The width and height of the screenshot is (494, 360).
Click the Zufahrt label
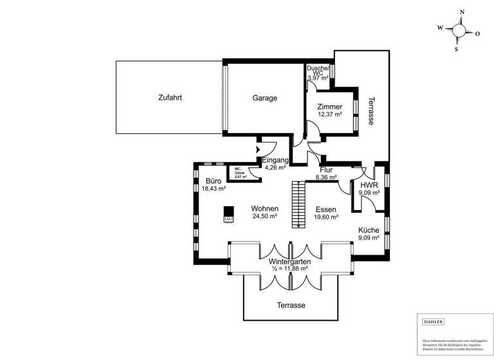(x=170, y=98)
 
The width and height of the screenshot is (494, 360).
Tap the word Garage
(x=264, y=98)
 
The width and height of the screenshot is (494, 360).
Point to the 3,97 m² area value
(x=318, y=78)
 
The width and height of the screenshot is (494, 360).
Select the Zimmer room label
(x=329, y=107)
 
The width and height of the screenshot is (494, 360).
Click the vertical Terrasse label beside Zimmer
(x=371, y=111)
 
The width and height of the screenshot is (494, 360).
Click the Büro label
(x=214, y=181)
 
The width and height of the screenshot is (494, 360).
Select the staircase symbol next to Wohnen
(x=297, y=204)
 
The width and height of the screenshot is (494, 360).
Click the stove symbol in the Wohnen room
(x=228, y=214)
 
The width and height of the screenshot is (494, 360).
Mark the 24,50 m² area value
(x=264, y=217)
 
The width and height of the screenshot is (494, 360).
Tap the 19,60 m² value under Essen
(x=327, y=217)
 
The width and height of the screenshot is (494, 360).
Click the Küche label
(x=369, y=230)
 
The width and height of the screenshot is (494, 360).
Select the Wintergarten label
(x=290, y=262)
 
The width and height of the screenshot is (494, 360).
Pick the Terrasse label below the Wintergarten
(x=291, y=305)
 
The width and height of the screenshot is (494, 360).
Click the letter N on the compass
(x=461, y=12)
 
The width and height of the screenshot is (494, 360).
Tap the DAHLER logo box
(x=433, y=321)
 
